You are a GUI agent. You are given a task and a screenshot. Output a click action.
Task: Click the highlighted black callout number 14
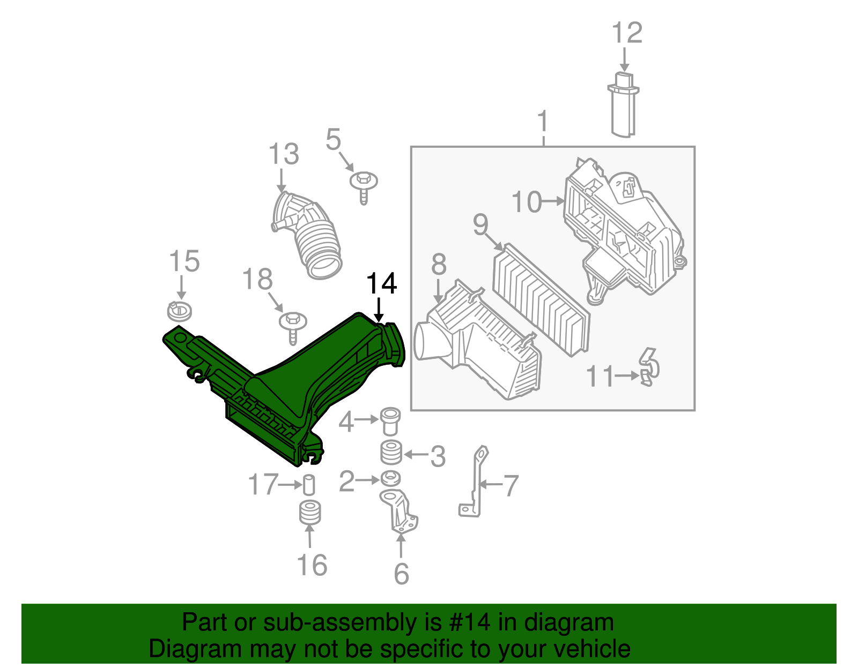(x=381, y=283)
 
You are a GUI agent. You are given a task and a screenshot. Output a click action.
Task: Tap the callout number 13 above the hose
(x=283, y=154)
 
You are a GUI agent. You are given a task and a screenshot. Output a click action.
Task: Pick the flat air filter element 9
(x=541, y=300)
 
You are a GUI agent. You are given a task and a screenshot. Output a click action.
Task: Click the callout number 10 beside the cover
(x=527, y=202)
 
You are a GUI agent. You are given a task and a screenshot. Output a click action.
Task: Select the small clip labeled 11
(x=649, y=367)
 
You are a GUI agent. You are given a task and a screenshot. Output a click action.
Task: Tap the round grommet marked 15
(x=180, y=311)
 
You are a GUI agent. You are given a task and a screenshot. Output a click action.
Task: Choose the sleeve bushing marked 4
(x=390, y=422)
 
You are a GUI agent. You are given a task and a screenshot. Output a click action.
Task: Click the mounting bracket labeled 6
(x=400, y=512)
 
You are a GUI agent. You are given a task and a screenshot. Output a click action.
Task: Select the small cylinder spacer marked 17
(x=309, y=485)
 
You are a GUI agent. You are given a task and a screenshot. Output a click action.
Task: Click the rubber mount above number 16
(x=310, y=513)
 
